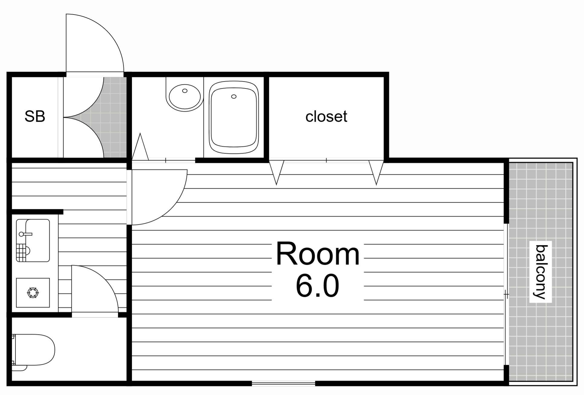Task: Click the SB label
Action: click(x=35, y=116)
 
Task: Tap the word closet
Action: click(x=326, y=116)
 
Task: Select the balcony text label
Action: click(x=540, y=272)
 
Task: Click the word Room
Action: click(x=318, y=254)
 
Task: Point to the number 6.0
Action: click(x=317, y=285)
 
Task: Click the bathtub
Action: click(x=234, y=118)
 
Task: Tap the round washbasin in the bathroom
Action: click(x=185, y=97)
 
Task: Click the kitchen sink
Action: click(x=33, y=241)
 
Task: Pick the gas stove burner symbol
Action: click(x=33, y=293)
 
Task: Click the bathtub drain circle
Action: click(x=234, y=97)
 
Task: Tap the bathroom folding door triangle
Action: click(x=140, y=147)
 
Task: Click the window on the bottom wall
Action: click(x=283, y=383)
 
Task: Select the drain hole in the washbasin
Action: click(x=185, y=91)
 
